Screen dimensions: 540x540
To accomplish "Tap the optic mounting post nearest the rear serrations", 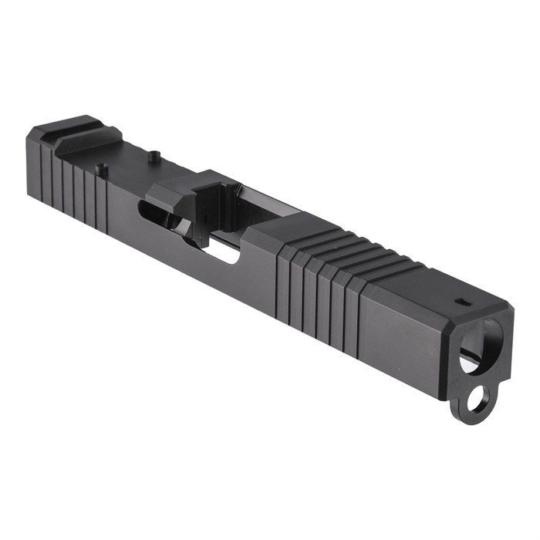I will pyautogui.click(x=100, y=167).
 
